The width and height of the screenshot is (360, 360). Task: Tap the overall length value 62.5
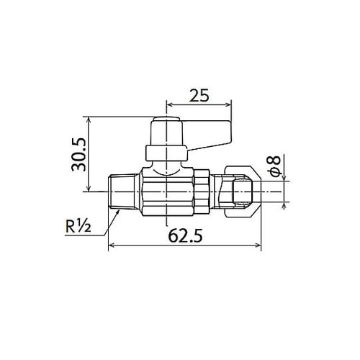point(184,234)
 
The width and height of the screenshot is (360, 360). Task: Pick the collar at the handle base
point(166,153)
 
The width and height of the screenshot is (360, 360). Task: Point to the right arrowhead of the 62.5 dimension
point(258,247)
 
